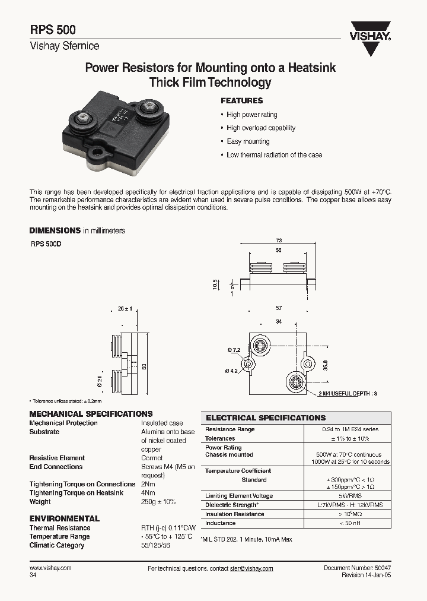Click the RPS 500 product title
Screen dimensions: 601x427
coord(52,30)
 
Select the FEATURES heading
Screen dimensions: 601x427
coord(241,101)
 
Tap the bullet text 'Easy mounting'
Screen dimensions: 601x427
coord(248,141)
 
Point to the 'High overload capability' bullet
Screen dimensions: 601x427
coord(260,128)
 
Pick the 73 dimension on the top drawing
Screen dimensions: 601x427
coord(279,241)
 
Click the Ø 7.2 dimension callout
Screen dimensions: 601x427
coord(233,350)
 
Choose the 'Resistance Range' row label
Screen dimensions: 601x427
coord(230,429)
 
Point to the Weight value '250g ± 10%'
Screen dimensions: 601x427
coord(158,502)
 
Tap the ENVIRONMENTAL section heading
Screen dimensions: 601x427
coord(65,518)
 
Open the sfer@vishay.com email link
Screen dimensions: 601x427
coord(251,568)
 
